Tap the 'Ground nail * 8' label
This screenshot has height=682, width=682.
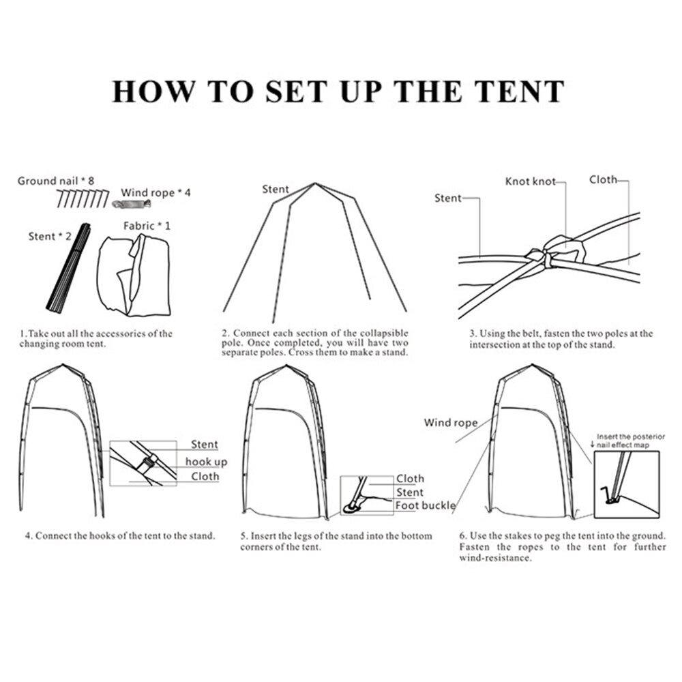click(55, 181)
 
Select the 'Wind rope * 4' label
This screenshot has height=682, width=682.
click(155, 192)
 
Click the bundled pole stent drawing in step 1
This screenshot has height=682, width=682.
click(69, 267)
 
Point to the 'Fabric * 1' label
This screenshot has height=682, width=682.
click(147, 225)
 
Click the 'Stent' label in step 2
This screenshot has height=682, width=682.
click(276, 189)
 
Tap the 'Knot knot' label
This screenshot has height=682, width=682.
click(530, 181)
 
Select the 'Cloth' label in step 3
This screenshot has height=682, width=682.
click(603, 179)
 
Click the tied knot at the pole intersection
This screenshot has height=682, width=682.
click(549, 256)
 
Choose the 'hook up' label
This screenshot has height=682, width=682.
click(206, 462)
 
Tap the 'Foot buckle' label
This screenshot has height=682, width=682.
click(426, 505)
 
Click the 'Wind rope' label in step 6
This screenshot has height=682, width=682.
click(450, 423)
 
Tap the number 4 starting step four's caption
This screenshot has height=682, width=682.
click(28, 535)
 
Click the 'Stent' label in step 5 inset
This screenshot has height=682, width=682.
click(409, 492)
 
